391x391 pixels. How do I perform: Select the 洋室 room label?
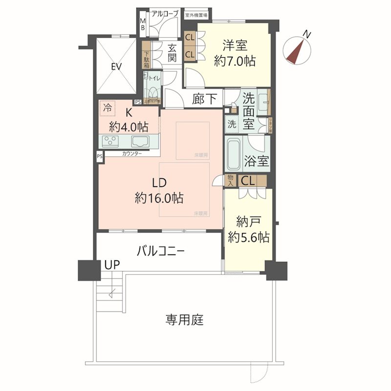pos(235,46)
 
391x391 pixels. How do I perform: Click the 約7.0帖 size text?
pos(235,62)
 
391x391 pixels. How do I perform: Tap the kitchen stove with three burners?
pos(110,142)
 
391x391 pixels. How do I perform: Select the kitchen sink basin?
pos(140,142)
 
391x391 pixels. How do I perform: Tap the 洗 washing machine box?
pos(231,124)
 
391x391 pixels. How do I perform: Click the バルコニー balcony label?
pos(160,252)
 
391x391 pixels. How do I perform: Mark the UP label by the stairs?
pos(111,265)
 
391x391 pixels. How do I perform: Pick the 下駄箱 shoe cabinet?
pos(146,59)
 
